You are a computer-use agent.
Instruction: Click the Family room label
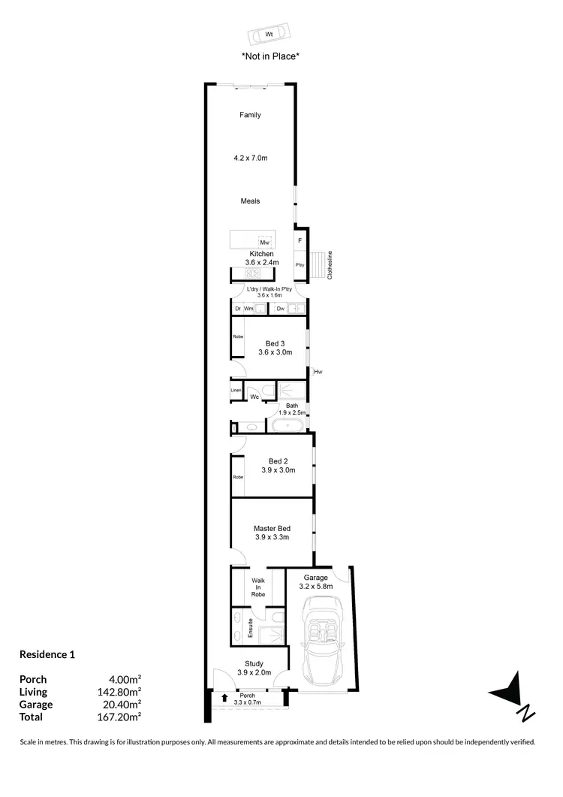click(x=250, y=115)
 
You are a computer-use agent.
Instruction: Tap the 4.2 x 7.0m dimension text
click(x=250, y=158)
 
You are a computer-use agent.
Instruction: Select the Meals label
click(x=250, y=201)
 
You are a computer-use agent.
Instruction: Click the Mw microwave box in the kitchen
click(x=264, y=243)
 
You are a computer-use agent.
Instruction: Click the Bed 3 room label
click(x=275, y=344)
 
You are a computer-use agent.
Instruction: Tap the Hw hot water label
click(x=318, y=372)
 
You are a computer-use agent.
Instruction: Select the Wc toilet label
click(x=255, y=397)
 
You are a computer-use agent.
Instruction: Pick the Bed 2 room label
click(x=278, y=461)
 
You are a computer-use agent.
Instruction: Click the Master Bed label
click(x=272, y=529)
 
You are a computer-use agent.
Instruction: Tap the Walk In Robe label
click(x=258, y=587)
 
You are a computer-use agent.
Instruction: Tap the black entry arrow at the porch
click(x=224, y=699)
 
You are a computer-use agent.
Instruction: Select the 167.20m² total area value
click(x=123, y=717)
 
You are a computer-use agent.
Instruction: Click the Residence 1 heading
click(x=47, y=654)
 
